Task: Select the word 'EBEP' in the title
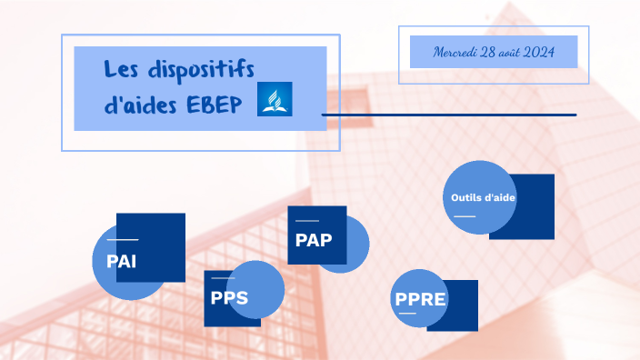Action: (215, 105)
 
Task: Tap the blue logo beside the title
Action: (275, 98)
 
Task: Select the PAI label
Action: (121, 262)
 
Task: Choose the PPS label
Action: (229, 298)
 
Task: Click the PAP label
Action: (314, 240)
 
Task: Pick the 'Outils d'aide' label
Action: (483, 197)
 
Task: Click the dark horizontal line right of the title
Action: (449, 115)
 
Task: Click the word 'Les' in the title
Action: (120, 69)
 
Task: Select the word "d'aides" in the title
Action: (141, 105)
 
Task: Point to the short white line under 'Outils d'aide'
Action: (465, 216)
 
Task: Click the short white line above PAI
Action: (116, 239)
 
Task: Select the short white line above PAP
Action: (307, 221)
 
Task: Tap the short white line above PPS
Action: (223, 278)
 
